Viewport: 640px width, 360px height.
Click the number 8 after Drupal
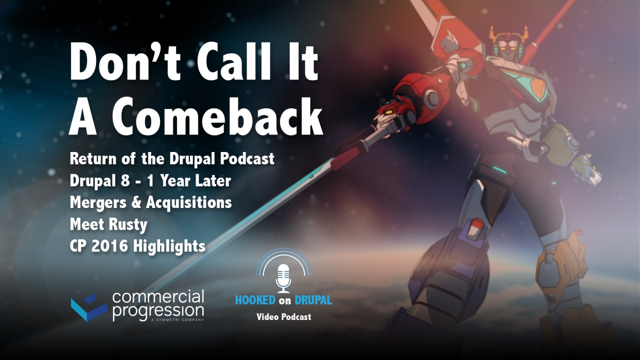(x=125, y=181)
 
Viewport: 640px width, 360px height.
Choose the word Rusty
(x=128, y=225)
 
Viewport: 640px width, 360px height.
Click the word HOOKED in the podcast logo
(x=255, y=300)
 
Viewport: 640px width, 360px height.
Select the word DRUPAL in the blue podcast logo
(x=313, y=300)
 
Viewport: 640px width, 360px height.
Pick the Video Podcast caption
(x=284, y=317)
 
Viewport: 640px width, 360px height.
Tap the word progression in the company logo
(x=158, y=311)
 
